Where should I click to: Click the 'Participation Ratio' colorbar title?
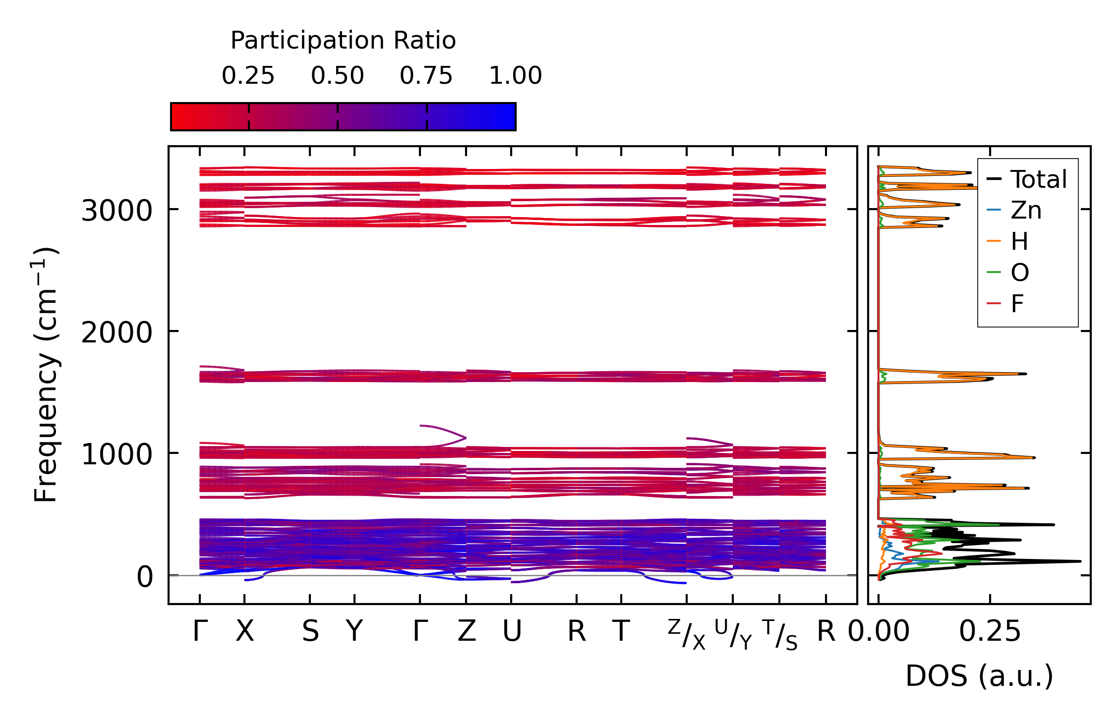click(x=343, y=41)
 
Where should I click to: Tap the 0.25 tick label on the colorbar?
click(x=248, y=76)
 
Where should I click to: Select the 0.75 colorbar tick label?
click(x=426, y=76)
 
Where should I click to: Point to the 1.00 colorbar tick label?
click(x=516, y=76)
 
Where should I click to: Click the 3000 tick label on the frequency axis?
click(x=117, y=211)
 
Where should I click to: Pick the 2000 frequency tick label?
click(x=117, y=333)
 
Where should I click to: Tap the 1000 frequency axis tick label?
click(x=117, y=454)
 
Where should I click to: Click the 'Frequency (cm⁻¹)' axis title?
click(x=46, y=374)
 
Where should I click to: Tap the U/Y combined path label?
click(x=733, y=634)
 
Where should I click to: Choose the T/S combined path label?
click(x=779, y=634)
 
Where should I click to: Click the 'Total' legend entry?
click(x=1038, y=179)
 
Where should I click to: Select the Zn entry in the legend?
click(x=1026, y=211)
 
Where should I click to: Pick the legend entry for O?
click(x=1020, y=273)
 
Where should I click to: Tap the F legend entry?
click(x=1017, y=304)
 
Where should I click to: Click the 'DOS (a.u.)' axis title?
click(x=979, y=676)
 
